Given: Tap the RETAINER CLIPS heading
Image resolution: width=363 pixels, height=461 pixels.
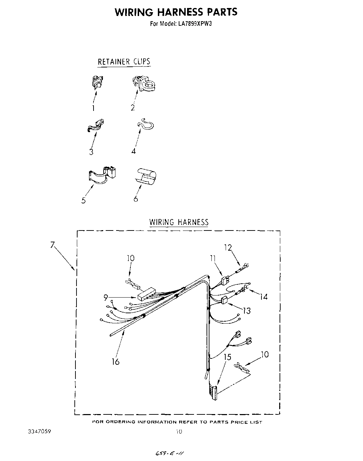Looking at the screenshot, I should coord(124,62).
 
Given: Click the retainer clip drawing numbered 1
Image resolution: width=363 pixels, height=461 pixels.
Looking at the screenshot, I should coord(97,82).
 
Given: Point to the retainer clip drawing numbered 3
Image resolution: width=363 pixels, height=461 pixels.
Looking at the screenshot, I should coord(96,126).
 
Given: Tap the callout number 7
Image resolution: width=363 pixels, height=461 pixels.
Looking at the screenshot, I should coord(53,245).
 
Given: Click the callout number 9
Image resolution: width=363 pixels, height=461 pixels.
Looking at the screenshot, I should coord(106,297).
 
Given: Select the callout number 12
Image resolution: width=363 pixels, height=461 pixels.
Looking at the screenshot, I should coord(228,248).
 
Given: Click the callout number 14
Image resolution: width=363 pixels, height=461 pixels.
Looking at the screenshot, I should coord(264,297).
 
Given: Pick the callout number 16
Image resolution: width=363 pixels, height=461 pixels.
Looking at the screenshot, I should coord(115,362).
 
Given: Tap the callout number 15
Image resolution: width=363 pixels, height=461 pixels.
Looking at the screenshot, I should coord(227,357).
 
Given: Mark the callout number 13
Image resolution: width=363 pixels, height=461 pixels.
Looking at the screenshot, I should coord(247,310).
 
